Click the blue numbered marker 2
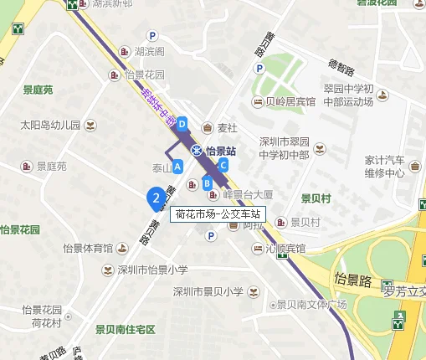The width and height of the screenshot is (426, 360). [x=155, y=198]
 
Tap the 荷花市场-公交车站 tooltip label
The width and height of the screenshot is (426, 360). [x=218, y=213]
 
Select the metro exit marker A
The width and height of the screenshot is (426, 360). [x=177, y=166]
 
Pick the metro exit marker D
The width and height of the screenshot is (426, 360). [x=182, y=123]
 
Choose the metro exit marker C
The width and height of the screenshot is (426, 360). [x=223, y=166]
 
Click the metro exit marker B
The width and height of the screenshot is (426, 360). [x=207, y=182]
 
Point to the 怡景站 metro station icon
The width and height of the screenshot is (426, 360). [x=196, y=151]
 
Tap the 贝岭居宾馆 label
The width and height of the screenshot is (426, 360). [x=290, y=102]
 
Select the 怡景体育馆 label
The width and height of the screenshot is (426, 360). [x=88, y=248]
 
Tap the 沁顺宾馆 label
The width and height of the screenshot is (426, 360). [x=285, y=249]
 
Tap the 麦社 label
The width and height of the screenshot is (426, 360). [x=228, y=128]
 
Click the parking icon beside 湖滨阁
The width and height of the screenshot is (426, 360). [x=152, y=35]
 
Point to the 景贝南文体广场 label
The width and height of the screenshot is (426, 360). [x=311, y=305]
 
